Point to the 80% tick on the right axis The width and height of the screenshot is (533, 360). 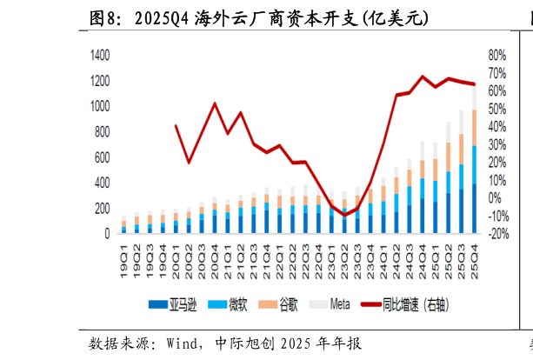click(x=496, y=55)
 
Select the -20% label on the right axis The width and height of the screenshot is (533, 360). click(x=496, y=234)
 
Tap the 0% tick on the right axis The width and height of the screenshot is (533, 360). click(x=495, y=198)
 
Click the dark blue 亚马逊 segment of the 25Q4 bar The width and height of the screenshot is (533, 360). click(x=474, y=209)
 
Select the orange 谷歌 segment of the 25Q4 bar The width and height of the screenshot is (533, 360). click(x=474, y=128)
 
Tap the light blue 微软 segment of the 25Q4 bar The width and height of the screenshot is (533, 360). click(x=474, y=165)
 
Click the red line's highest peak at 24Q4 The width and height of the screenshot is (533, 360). click(x=423, y=77)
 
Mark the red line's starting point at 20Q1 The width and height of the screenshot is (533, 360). click(x=176, y=125)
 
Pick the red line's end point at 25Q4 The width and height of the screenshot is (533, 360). click(x=474, y=84)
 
